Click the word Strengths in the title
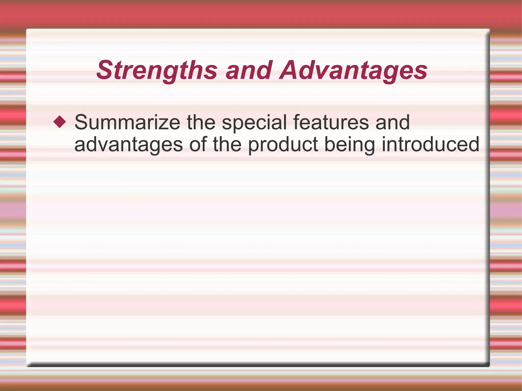[157, 70]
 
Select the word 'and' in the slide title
[249, 70]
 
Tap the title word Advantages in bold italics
[353, 70]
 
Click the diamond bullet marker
[60, 122]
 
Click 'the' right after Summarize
[201, 123]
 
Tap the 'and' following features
[393, 123]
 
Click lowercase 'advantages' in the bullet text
[128, 145]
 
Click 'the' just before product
[227, 145]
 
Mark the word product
[283, 145]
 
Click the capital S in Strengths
[105, 70]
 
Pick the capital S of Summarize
[81, 123]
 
